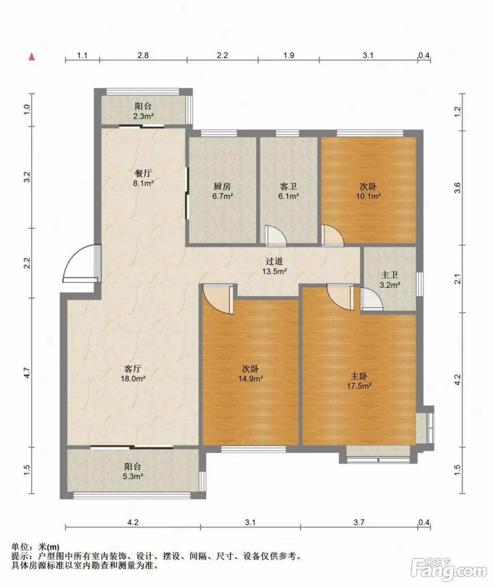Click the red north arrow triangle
(x=32, y=57)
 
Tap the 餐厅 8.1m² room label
(x=143, y=178)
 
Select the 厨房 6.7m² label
(x=222, y=191)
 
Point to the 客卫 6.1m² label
(x=289, y=191)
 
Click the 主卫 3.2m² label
(x=390, y=280)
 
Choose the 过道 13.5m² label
(x=274, y=266)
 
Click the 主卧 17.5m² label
(x=359, y=381)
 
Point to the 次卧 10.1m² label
(x=368, y=191)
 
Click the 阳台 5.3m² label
(x=133, y=471)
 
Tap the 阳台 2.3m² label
(x=143, y=111)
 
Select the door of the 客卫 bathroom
(x=276, y=236)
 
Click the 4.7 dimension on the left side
(x=27, y=372)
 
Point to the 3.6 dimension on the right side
(x=458, y=188)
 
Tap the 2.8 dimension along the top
(x=143, y=55)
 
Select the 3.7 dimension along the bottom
(x=359, y=522)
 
